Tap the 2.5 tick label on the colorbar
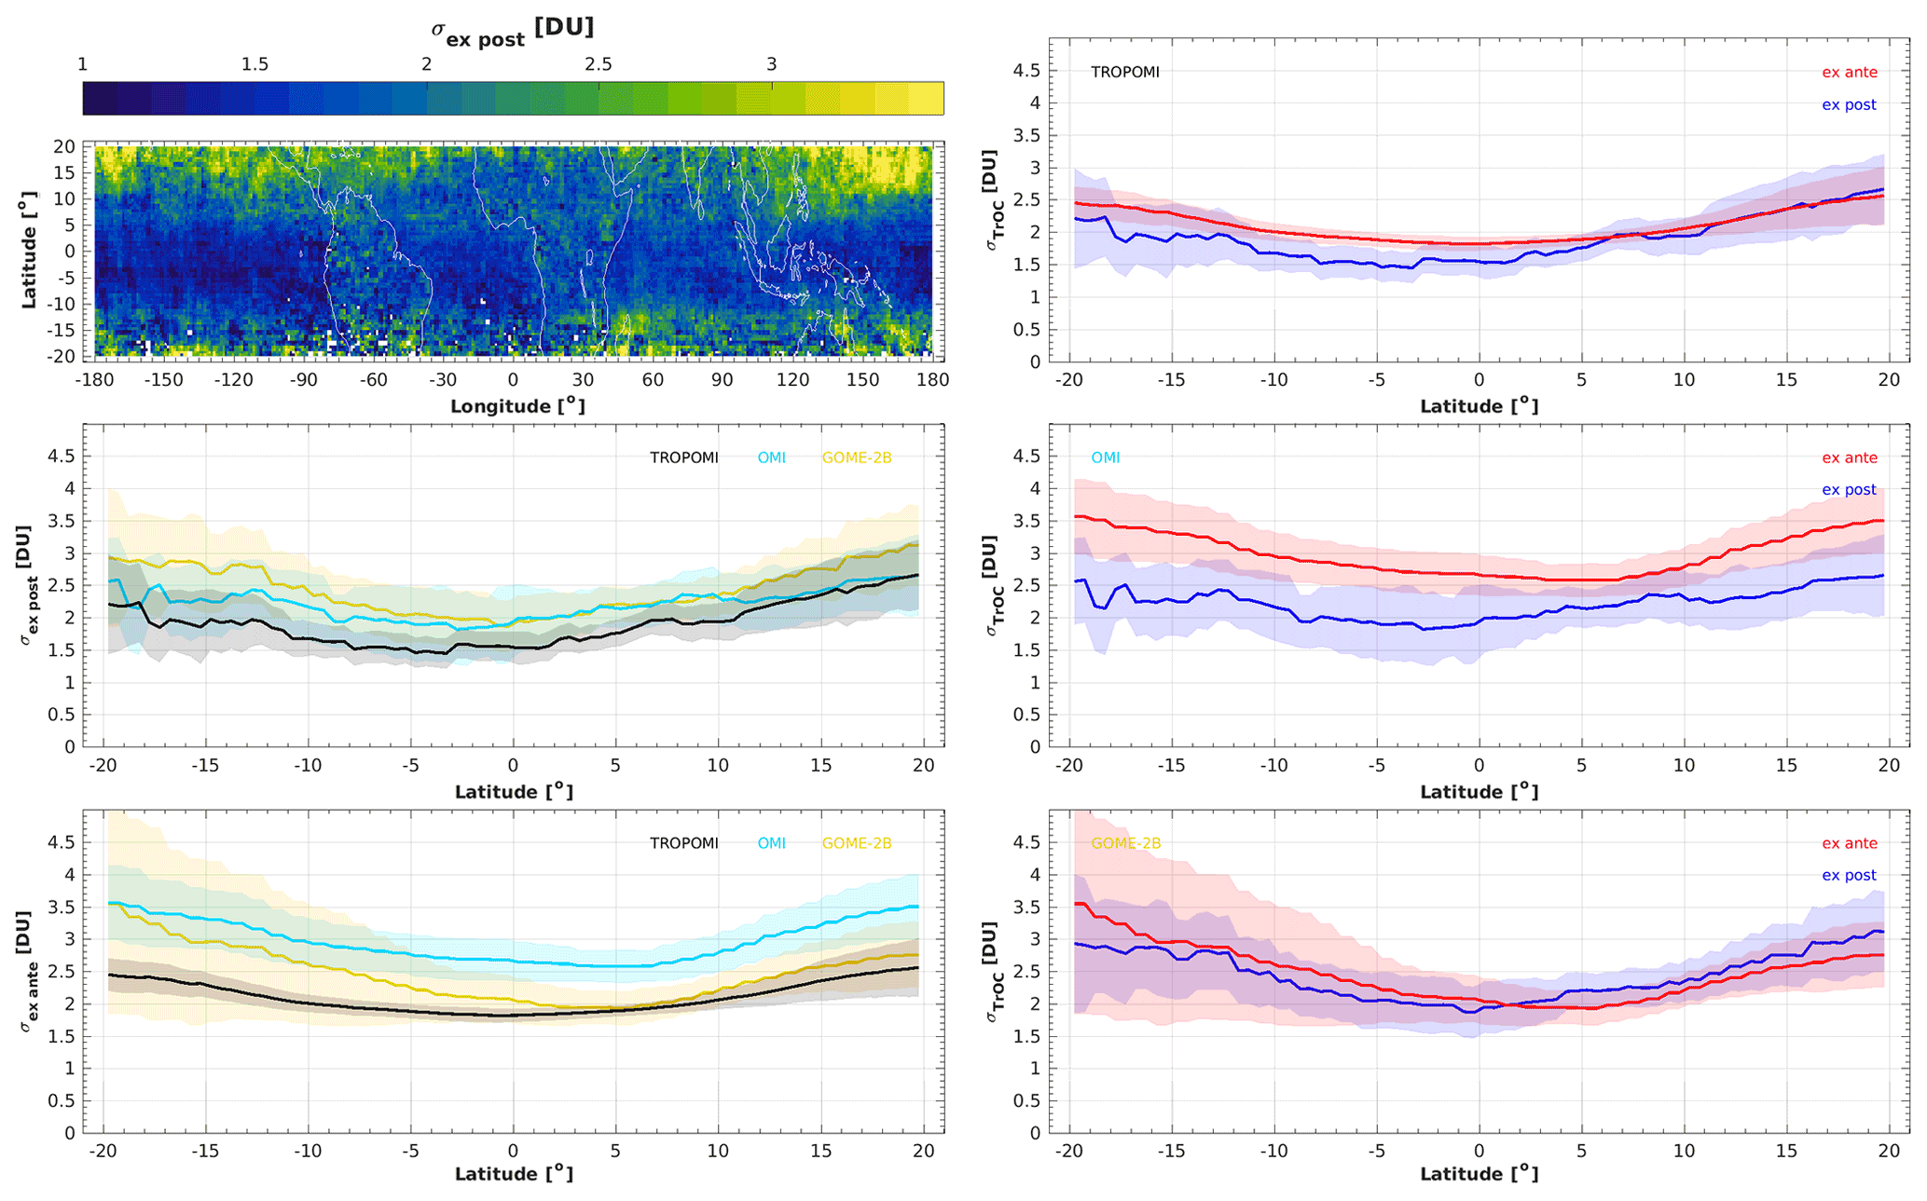click(x=599, y=64)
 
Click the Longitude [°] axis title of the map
click(x=517, y=406)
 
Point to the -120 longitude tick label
click(x=233, y=380)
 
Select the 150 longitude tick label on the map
click(x=862, y=380)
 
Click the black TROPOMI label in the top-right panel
click(x=1125, y=72)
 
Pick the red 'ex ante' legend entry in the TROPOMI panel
click(x=1850, y=72)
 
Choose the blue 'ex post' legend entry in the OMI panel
click(x=1849, y=490)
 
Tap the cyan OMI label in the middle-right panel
click(x=1106, y=457)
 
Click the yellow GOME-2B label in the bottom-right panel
click(x=1126, y=843)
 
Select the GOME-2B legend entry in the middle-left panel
click(x=857, y=457)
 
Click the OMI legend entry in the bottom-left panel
click(x=772, y=843)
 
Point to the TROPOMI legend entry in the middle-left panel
click(x=684, y=457)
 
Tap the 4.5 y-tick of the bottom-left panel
click(x=62, y=842)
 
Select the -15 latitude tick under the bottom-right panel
click(x=1172, y=1152)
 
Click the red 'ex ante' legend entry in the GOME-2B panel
click(x=1850, y=843)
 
